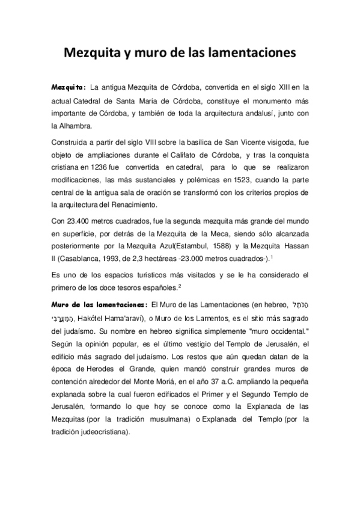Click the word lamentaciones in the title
tap(252, 54)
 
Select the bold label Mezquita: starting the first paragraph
tap(69, 87)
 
